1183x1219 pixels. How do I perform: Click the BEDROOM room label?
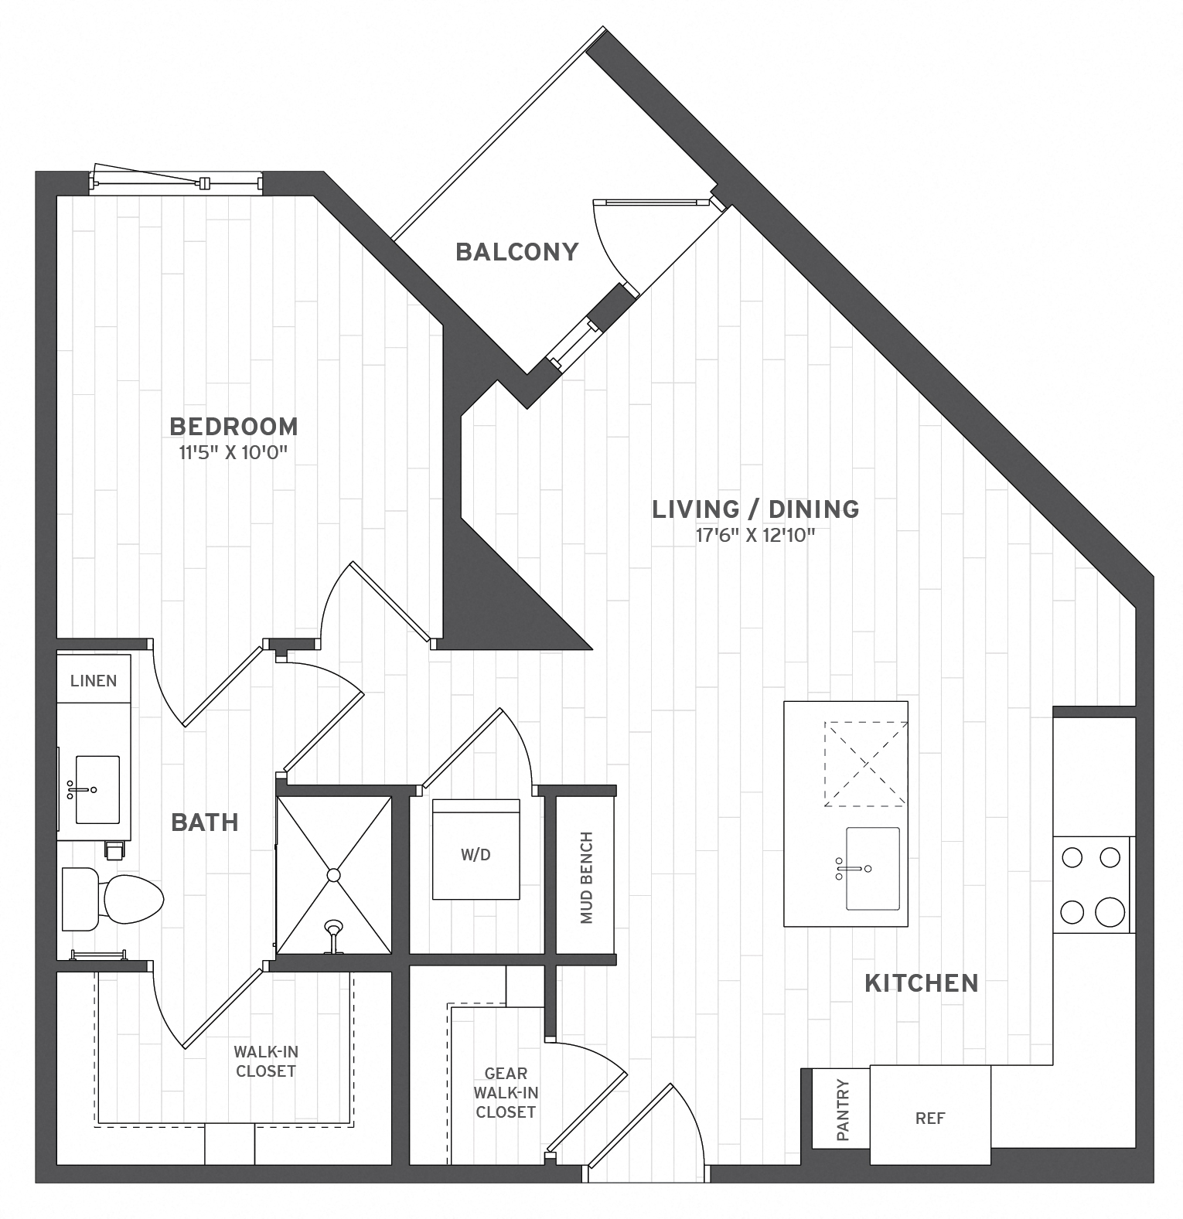tap(233, 427)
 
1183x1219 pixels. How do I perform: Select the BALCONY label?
tap(516, 252)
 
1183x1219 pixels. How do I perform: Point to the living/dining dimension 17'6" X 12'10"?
tap(755, 535)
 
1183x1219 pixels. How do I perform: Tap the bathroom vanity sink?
tap(97, 789)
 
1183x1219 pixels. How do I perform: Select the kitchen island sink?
tap(872, 868)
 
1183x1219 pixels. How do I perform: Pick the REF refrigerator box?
tap(929, 1118)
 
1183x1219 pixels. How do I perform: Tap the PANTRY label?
tap(842, 1111)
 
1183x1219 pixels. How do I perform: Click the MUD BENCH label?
tap(586, 877)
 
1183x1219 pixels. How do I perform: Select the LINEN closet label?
tap(94, 681)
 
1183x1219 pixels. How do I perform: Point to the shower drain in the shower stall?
tap(333, 875)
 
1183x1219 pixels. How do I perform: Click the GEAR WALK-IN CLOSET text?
tap(506, 1092)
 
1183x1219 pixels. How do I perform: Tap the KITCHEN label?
tap(921, 983)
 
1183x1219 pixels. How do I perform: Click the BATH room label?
tap(204, 822)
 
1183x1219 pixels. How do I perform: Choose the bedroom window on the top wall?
tap(176, 183)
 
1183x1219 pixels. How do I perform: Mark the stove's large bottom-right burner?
tap(1110, 912)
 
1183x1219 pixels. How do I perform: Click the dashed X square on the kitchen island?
tap(865, 764)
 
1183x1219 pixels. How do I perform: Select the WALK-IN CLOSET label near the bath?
tap(265, 1061)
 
